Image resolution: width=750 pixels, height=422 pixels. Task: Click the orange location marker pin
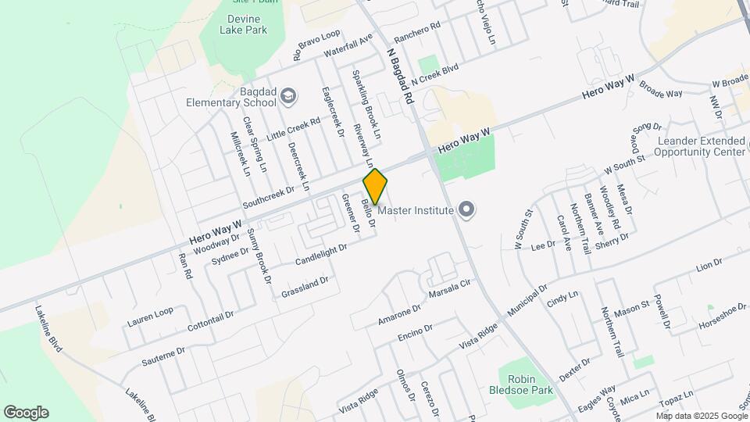point(375,186)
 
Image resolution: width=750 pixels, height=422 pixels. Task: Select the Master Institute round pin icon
point(466,209)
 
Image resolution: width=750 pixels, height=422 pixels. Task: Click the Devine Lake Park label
point(236,24)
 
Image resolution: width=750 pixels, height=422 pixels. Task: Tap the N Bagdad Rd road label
point(399,74)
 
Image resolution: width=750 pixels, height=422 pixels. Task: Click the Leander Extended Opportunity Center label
point(702,146)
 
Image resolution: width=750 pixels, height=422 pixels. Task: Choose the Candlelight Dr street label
point(321,252)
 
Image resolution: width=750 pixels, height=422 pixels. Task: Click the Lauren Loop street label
point(150,316)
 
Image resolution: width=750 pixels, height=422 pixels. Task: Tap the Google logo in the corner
point(26,413)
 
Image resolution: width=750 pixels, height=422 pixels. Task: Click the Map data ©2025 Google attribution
point(701,416)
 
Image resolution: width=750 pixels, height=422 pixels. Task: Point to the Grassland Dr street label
point(306,288)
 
